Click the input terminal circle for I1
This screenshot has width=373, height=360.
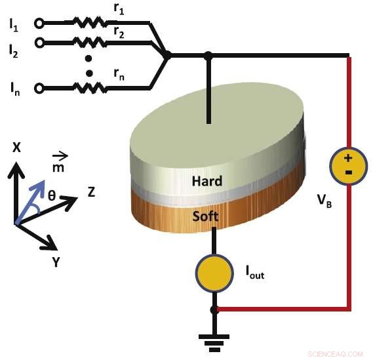click(x=39, y=24)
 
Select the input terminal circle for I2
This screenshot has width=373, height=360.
click(x=39, y=43)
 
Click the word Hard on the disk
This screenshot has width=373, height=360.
click(x=207, y=181)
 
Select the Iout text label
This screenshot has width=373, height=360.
click(x=254, y=274)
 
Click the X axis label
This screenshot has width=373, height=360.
click(x=17, y=148)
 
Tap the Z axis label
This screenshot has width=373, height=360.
click(x=92, y=192)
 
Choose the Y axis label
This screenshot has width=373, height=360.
click(x=58, y=262)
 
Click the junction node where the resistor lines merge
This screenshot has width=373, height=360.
click(x=167, y=56)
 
